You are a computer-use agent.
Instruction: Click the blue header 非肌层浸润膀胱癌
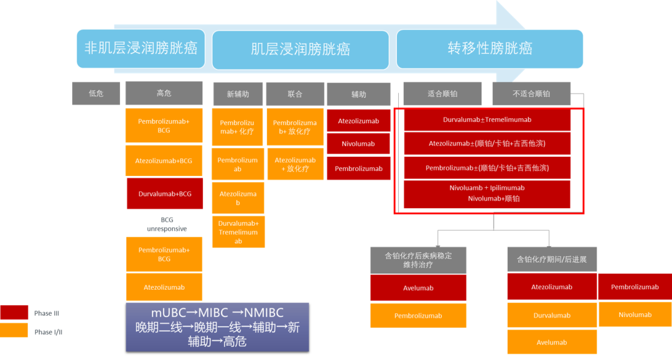(x=141, y=48)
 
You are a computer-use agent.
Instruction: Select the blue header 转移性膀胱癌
(x=490, y=48)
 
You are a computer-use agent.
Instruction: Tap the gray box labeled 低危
(x=96, y=93)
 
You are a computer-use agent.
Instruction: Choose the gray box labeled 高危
(x=164, y=93)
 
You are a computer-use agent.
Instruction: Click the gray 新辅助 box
(x=238, y=94)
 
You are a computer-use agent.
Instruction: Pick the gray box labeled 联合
(x=295, y=94)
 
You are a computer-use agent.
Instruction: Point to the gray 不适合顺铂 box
(x=531, y=93)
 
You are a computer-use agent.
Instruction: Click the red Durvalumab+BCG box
(x=165, y=194)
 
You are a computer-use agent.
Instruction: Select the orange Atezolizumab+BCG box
(x=164, y=161)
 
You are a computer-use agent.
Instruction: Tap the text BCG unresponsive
(x=167, y=224)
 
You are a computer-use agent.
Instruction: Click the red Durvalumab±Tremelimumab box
(x=487, y=120)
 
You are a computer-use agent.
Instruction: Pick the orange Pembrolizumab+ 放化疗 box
(x=295, y=127)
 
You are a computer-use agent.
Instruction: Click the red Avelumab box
(x=418, y=288)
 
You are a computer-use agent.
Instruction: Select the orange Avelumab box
(x=552, y=343)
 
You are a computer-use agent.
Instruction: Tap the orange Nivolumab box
(x=635, y=315)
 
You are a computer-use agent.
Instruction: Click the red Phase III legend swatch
(x=14, y=313)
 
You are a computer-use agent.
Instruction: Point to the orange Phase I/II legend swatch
(x=14, y=330)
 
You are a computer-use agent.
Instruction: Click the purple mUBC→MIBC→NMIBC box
(x=217, y=328)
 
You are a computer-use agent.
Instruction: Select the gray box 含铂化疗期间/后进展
(x=552, y=259)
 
